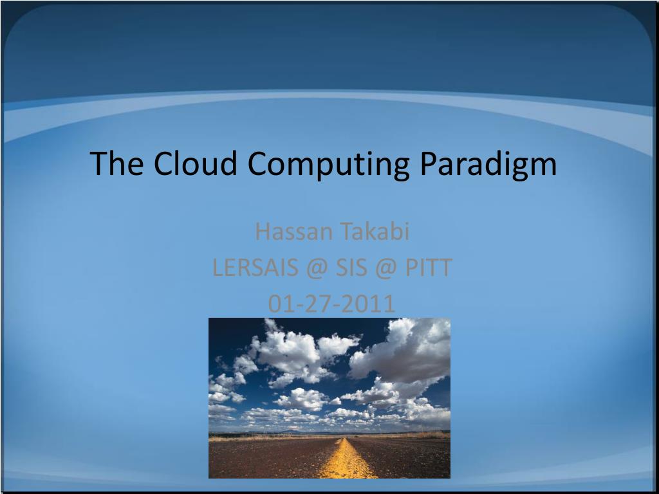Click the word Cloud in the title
coord(196,163)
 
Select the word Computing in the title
coord(329,165)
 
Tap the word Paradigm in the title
coord(489,165)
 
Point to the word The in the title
coord(116,163)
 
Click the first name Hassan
coord(289,232)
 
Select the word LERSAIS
coord(250,268)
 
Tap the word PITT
coord(428,268)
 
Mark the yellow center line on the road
coord(348,460)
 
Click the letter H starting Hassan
coord(261,232)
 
